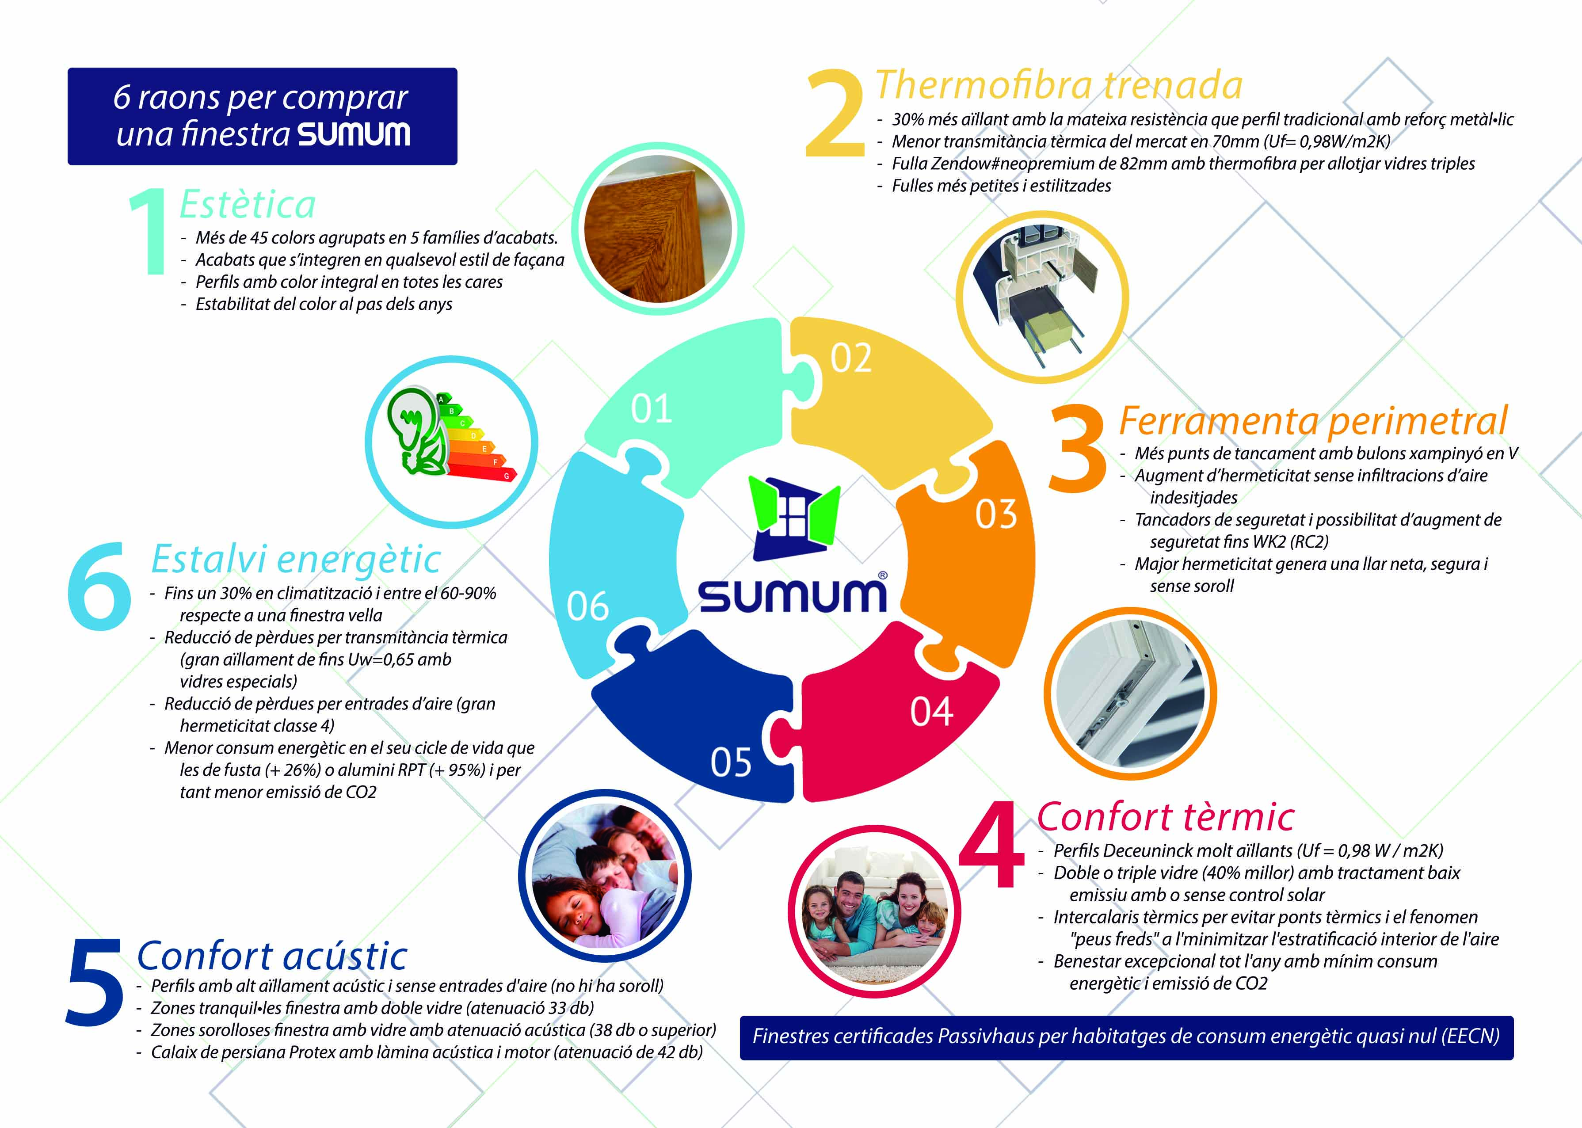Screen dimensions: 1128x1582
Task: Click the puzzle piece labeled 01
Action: [x=684, y=410]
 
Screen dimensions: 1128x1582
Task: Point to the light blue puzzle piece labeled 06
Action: [x=604, y=576]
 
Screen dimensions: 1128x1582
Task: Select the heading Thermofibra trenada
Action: [x=1058, y=85]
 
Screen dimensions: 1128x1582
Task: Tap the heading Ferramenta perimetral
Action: [x=1312, y=420]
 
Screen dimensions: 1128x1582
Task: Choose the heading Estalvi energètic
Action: [x=296, y=559]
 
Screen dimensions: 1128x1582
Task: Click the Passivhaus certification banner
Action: [x=1126, y=1037]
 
